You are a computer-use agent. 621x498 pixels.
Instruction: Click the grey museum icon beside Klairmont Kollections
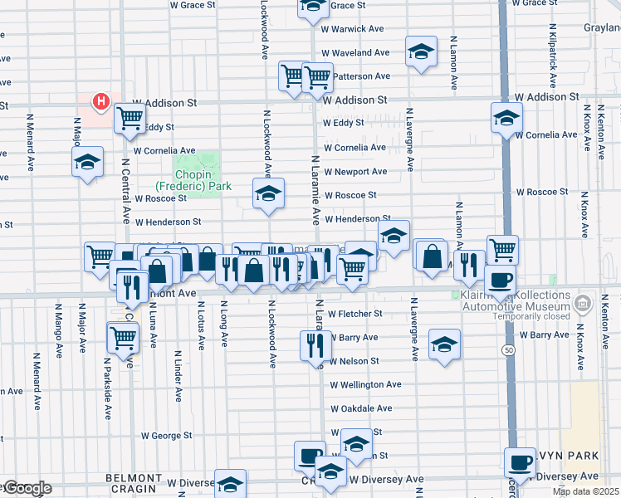[x=584, y=301]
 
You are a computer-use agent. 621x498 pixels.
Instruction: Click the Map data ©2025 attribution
[x=586, y=492]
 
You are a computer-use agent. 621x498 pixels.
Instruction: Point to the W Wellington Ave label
[x=365, y=385]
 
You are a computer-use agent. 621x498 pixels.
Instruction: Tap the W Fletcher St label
[x=355, y=314]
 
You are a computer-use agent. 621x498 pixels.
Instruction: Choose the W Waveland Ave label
[x=359, y=52]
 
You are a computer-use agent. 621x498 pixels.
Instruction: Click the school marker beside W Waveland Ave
[x=421, y=52]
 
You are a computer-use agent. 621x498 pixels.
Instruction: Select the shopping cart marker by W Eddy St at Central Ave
[x=130, y=118]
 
